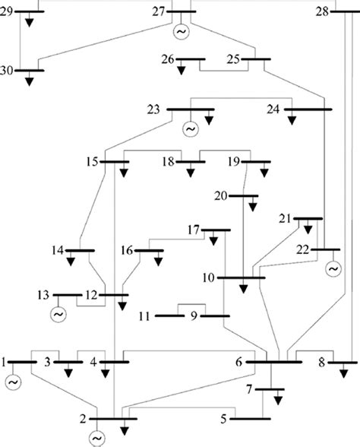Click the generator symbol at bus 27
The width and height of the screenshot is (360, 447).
(182, 32)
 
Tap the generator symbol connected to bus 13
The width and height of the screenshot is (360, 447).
(58, 312)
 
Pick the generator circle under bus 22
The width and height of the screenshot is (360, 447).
(332, 268)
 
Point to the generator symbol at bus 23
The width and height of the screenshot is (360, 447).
(190, 128)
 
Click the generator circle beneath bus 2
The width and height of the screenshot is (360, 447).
(96, 438)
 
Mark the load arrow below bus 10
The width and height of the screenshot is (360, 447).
(243, 289)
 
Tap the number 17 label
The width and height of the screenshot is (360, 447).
(195, 230)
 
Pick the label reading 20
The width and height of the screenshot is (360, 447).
(221, 196)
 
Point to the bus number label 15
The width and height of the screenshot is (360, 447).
(93, 161)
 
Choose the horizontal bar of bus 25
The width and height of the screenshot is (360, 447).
(252, 59)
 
